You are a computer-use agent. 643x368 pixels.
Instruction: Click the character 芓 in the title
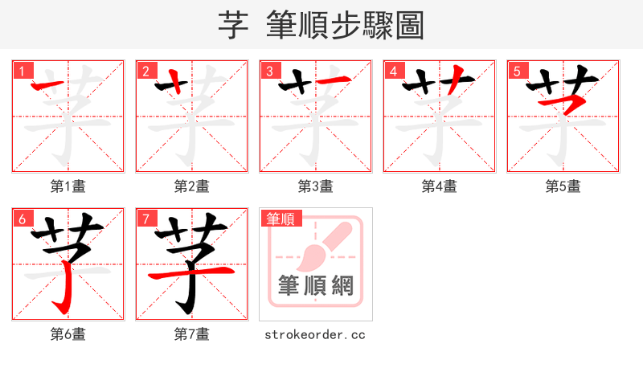pos(233,25)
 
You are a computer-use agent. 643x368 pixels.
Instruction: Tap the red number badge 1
pos(22,71)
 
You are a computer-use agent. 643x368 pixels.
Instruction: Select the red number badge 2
pos(145,71)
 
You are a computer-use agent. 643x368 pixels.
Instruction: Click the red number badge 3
pos(269,71)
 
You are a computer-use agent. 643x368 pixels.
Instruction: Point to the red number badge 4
pos(393,71)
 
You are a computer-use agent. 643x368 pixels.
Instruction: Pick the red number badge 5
pos(517,71)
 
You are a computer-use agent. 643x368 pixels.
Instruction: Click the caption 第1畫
pos(68,186)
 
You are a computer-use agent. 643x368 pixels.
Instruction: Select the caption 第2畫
pos(192,186)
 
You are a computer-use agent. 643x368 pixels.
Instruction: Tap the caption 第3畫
pos(316,186)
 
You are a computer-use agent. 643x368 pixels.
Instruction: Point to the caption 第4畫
pos(440,186)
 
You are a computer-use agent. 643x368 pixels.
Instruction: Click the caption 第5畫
pos(563,186)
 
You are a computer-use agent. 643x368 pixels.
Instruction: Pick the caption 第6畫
pos(68,334)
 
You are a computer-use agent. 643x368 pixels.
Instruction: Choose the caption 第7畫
pos(192,334)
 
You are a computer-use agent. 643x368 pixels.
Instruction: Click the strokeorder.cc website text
pos(315,334)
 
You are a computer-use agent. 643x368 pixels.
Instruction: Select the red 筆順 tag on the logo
pos(280,218)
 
